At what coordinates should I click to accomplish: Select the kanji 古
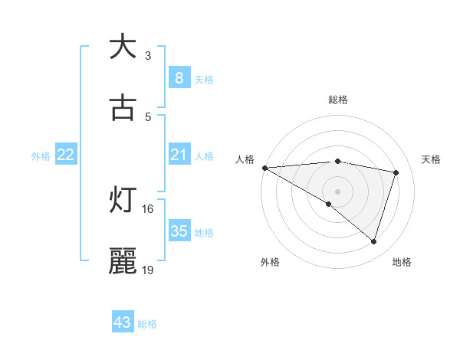tap(123, 108)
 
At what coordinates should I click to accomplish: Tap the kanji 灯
tap(123, 200)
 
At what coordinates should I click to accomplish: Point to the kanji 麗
tap(123, 261)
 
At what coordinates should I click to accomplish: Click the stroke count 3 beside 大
tap(148, 55)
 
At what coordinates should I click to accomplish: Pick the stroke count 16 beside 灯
tap(148, 208)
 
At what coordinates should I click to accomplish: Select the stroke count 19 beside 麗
tap(148, 270)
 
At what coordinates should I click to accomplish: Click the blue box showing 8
tap(179, 78)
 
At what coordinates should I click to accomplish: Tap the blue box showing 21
tap(179, 155)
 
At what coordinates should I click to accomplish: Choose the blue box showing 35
tap(179, 231)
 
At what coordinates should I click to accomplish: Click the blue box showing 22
tap(66, 155)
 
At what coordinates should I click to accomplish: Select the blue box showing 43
tap(123, 322)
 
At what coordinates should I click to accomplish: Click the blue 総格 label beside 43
tap(147, 324)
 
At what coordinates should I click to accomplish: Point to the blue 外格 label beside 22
tap(41, 156)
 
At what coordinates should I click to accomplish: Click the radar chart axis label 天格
tap(432, 159)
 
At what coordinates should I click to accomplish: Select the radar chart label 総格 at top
tap(338, 100)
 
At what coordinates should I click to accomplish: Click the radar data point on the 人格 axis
tap(264, 168)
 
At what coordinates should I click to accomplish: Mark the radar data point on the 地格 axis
tap(373, 241)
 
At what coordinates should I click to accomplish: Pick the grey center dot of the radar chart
tap(337, 191)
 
